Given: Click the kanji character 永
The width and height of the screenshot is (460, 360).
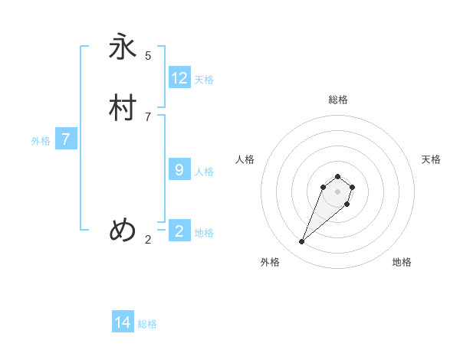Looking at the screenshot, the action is coord(123,47).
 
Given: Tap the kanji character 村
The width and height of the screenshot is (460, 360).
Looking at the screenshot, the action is coord(123,108).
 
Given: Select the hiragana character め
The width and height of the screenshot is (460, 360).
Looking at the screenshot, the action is coord(123,230).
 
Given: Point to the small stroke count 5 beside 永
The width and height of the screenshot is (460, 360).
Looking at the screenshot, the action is coord(148,55).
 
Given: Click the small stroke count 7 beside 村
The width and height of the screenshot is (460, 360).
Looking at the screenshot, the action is coord(148,116).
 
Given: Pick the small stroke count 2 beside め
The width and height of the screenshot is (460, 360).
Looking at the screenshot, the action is coord(148,240).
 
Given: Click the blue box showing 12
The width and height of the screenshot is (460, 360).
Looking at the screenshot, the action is coord(179,78).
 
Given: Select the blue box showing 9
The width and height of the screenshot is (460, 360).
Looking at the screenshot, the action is coord(179,170).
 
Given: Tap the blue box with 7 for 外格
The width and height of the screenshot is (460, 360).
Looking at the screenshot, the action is coord(66,139).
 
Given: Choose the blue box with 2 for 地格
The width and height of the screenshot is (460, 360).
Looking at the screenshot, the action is coord(179,231).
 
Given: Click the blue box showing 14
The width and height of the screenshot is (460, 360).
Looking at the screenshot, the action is coord(123,322).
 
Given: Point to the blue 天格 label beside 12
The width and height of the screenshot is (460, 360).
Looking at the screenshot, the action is coord(204,80).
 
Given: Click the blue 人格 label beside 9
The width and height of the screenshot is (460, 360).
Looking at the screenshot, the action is coord(204,172).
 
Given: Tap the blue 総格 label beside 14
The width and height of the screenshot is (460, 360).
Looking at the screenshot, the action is coord(147,324).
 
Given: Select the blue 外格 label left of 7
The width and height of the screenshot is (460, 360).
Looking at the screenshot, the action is coord(41,141).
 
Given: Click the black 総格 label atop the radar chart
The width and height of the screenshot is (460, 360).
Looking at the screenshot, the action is coord(338,100).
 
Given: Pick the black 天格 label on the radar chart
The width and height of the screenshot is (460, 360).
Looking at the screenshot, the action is coord(431,159).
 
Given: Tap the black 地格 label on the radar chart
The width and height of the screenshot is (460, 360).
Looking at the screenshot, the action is coord(402,262).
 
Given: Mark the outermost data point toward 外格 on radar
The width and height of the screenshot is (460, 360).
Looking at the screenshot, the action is coord(302,241).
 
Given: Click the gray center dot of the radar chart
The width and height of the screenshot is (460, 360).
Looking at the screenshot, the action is coord(337,191).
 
